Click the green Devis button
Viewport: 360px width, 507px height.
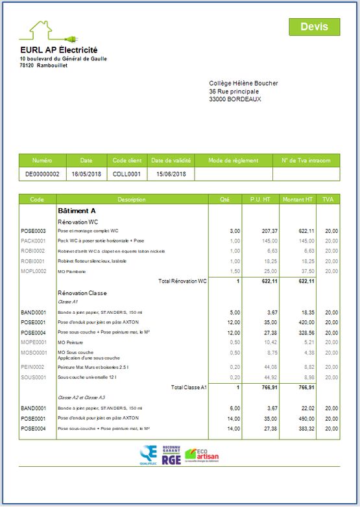tap(315, 27)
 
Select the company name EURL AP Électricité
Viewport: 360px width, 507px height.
tap(58, 50)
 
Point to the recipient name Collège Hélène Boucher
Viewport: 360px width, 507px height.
tap(243, 84)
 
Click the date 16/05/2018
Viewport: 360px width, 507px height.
tap(86, 174)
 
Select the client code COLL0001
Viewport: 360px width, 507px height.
tap(126, 174)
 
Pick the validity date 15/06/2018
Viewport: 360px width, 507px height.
tap(171, 174)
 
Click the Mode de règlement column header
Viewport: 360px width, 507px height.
tap(234, 161)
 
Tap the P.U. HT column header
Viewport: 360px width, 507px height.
tap(260, 200)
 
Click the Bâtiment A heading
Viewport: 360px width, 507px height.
tap(77, 211)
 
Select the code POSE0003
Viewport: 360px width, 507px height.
tap(33, 231)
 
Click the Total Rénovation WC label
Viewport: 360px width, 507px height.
tap(182, 281)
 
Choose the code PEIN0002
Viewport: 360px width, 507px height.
tap(33, 367)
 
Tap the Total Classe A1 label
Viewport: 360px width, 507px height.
tap(189, 387)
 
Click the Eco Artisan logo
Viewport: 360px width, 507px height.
tap(202, 455)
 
